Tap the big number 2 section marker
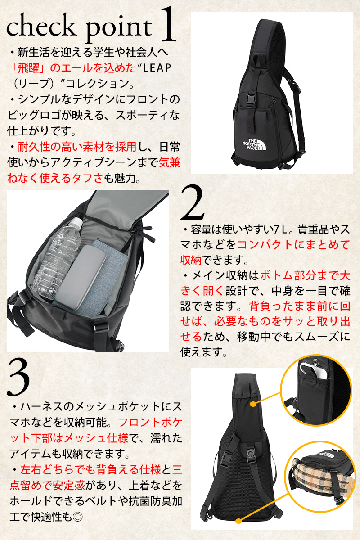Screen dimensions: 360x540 tap(192, 203)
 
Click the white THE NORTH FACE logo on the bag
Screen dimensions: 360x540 tap(254, 144)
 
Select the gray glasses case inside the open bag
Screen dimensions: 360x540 tap(81, 277)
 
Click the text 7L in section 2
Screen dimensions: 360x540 tap(280, 230)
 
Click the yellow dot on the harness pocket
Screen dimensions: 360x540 tap(253, 404)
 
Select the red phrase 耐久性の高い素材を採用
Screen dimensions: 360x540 tap(77, 147)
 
